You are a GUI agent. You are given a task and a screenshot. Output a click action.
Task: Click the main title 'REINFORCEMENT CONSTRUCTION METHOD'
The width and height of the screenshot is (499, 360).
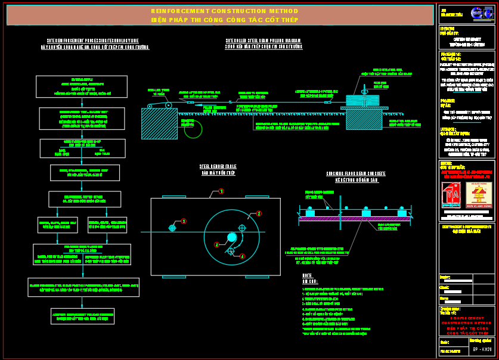(220, 11)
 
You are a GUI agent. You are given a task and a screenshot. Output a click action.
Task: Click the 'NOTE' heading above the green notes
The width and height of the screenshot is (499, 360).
(307, 275)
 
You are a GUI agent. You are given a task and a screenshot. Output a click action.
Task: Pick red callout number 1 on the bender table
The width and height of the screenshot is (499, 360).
(221, 191)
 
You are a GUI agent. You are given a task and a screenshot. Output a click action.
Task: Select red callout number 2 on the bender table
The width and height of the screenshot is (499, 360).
(259, 213)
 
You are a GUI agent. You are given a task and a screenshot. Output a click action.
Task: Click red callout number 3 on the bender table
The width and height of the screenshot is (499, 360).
(184, 221)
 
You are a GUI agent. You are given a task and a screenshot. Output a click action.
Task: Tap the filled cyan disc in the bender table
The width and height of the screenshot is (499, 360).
(232, 237)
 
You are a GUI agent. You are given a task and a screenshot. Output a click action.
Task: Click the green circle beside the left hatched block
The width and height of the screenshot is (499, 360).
(193, 128)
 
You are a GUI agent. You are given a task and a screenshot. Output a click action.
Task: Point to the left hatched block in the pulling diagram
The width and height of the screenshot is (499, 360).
(159, 123)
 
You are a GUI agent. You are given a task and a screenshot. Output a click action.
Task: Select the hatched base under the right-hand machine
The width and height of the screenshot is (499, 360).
(364, 119)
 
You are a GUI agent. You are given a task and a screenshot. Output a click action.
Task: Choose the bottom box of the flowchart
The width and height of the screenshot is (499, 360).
(82, 316)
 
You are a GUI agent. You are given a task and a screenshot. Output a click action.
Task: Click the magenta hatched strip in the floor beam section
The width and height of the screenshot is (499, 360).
(355, 219)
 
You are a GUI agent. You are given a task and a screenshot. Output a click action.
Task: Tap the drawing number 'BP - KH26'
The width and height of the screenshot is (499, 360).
(482, 349)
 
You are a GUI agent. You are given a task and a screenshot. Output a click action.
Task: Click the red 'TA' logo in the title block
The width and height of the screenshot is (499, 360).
(451, 195)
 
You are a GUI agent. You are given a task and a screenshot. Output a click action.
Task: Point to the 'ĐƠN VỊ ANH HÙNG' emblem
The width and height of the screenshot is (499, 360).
(479, 194)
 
